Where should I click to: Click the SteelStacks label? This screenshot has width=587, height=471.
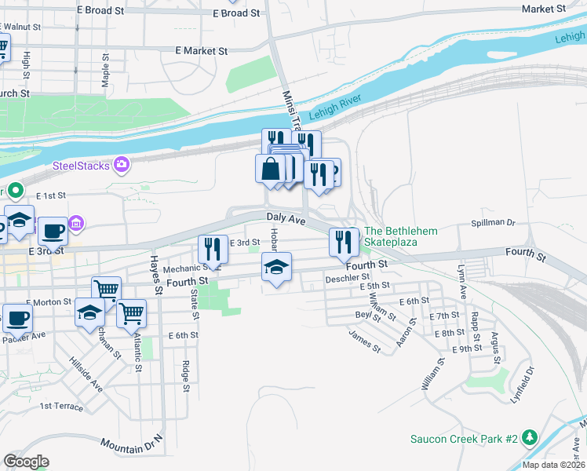click(x=82, y=165)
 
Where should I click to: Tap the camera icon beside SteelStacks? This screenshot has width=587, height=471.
click(x=122, y=164)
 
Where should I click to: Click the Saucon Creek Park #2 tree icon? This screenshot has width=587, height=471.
click(x=530, y=436)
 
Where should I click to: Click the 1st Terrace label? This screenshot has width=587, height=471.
click(x=61, y=406)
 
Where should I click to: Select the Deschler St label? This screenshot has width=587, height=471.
click(x=347, y=277)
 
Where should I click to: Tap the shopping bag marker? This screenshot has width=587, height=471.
click(x=270, y=170)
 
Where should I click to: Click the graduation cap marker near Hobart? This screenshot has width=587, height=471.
click(x=276, y=268)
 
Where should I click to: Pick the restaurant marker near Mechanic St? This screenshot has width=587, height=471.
click(x=213, y=250)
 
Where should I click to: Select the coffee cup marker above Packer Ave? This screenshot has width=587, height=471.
click(x=16, y=319)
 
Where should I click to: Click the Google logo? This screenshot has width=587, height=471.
click(x=27, y=462)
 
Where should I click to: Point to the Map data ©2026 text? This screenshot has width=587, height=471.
click(x=553, y=465)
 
